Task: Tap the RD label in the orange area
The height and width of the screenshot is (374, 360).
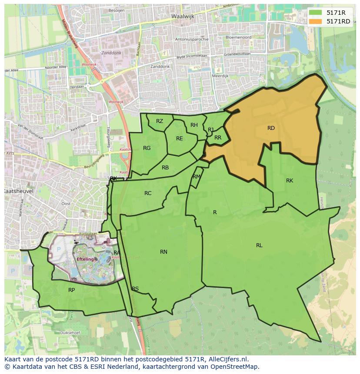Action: pos(271,128)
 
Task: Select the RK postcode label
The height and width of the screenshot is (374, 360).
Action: pos(290,181)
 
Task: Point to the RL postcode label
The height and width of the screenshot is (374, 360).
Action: pos(259,245)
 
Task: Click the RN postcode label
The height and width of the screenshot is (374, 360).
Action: pos(163,252)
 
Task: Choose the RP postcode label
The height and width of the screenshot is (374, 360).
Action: pos(71,290)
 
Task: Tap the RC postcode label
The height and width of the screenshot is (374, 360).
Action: pos(148,193)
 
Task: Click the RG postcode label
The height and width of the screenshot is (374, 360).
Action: pos(147,148)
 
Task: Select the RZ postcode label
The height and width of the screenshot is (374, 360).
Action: pos(160,121)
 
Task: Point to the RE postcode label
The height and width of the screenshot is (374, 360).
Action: pos(180,139)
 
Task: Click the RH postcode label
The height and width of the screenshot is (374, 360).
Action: pos(194,125)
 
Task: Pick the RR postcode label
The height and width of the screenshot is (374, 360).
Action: pos(218,138)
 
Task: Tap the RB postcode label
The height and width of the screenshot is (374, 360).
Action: pos(165,168)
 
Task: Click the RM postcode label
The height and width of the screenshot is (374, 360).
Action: pos(197,176)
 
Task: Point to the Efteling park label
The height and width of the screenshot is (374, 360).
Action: pos(85,259)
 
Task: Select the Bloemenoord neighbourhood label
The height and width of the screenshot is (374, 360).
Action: pos(239,37)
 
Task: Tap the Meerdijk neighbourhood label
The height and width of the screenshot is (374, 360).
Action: pos(220,76)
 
